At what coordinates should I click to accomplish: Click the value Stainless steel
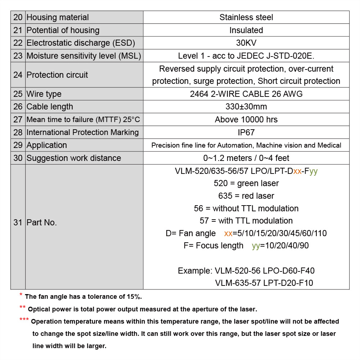click(246, 17)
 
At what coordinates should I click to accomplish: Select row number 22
click(18, 43)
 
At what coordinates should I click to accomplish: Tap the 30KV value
click(246, 43)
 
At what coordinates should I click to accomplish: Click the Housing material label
click(58, 17)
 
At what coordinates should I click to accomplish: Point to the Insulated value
click(246, 30)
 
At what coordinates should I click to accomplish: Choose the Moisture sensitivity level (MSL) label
click(84, 56)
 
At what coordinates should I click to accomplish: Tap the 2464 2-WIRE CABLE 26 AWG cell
click(246, 94)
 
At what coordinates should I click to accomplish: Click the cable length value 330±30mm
click(246, 107)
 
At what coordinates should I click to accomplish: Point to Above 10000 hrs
click(246, 120)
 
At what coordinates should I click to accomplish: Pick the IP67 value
click(246, 132)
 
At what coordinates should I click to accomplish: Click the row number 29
click(18, 145)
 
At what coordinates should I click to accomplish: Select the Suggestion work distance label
click(74, 158)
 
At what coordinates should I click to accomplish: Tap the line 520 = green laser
click(246, 183)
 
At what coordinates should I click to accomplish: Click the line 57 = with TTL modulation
click(246, 221)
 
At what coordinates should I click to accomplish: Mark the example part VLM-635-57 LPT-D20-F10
click(264, 283)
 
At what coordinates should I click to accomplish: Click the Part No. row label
click(42, 222)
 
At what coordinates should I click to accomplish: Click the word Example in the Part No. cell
click(194, 271)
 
